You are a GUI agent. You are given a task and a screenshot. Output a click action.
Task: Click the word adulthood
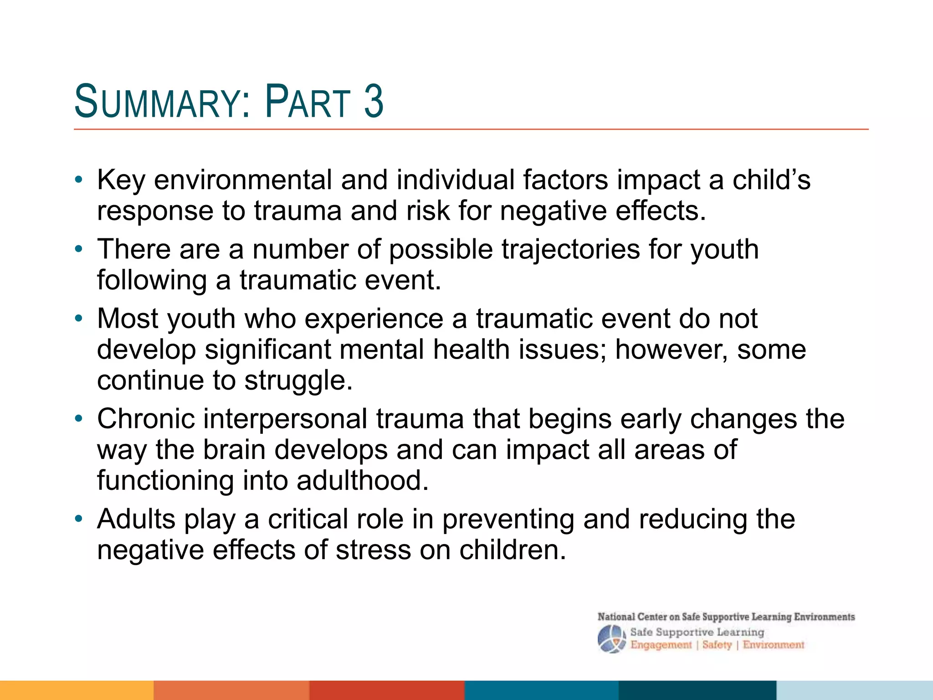pyautogui.click(x=363, y=480)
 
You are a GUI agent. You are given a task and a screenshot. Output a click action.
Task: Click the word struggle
pyautogui.click(x=298, y=381)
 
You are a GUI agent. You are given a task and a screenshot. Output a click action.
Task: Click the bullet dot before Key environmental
pyautogui.click(x=79, y=180)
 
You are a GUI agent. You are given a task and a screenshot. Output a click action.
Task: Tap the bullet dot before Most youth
pyautogui.click(x=79, y=319)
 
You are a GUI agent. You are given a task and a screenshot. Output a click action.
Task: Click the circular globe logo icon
pyautogui.click(x=611, y=638)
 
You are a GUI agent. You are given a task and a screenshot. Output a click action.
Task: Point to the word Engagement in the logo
pyautogui.click(x=661, y=645)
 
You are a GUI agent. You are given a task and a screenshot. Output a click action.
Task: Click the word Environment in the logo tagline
pyautogui.click(x=773, y=645)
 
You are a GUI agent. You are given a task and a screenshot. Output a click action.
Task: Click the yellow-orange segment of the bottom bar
pyautogui.click(x=77, y=690)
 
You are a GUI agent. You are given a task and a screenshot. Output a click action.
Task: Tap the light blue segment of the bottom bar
pyautogui.click(x=854, y=690)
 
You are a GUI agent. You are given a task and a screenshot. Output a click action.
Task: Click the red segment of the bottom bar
pyautogui.click(x=387, y=690)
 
